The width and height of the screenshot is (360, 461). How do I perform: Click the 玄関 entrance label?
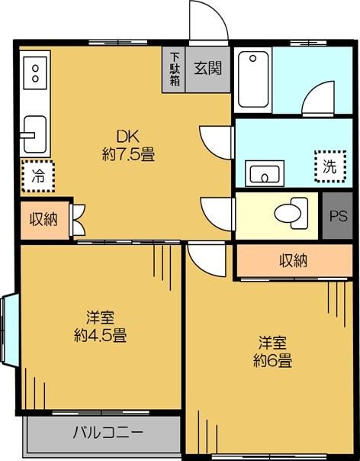207,68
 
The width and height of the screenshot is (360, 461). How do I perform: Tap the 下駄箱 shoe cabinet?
175,69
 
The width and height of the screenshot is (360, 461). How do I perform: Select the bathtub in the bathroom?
252,79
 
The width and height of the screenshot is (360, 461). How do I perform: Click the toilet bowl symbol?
290,212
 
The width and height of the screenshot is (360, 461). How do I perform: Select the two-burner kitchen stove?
35,74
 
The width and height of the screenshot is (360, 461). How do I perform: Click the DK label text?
126,137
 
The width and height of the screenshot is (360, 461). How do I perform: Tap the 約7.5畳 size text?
127,155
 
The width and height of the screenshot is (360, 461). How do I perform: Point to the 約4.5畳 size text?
100,334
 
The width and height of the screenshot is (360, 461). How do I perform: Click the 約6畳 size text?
272,360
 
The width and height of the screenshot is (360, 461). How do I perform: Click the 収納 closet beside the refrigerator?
43,219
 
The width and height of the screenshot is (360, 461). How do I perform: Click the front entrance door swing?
208,21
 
